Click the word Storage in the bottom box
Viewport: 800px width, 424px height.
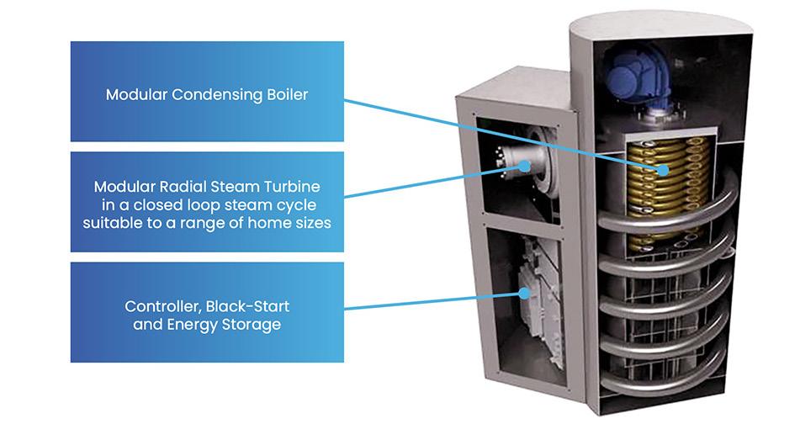point(251,324)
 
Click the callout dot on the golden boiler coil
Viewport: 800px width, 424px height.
point(664,169)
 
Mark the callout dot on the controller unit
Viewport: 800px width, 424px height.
point(523,294)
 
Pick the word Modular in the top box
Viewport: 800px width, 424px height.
point(136,94)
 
